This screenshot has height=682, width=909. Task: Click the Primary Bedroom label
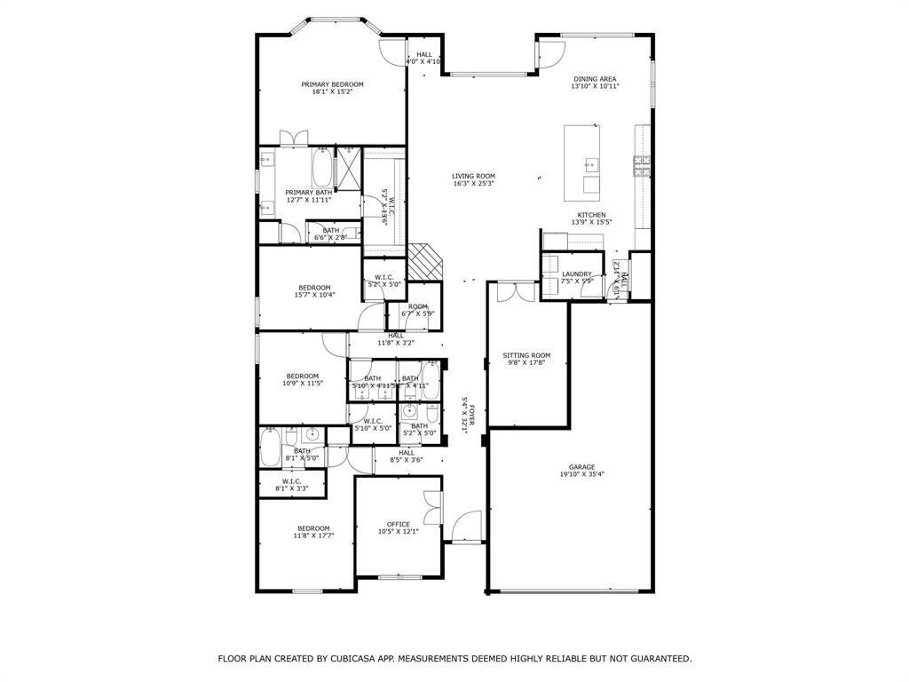click(x=332, y=84)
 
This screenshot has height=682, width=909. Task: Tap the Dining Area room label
click(x=594, y=79)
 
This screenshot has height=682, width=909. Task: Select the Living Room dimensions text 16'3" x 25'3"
click(x=473, y=184)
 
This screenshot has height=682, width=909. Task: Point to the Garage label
click(x=581, y=467)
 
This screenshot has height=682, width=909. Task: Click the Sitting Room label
click(x=526, y=355)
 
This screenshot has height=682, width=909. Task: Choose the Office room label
click(x=398, y=524)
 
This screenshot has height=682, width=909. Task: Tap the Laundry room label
click(x=576, y=274)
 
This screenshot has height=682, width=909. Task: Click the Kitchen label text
click(x=592, y=215)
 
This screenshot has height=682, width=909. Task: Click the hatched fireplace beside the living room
click(x=425, y=261)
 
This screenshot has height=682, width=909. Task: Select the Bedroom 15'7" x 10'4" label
click(x=314, y=288)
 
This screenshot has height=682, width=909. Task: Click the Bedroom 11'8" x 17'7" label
click(x=312, y=528)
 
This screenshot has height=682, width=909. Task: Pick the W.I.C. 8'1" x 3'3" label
click(x=292, y=481)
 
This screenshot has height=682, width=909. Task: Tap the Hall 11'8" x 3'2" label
click(x=396, y=336)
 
